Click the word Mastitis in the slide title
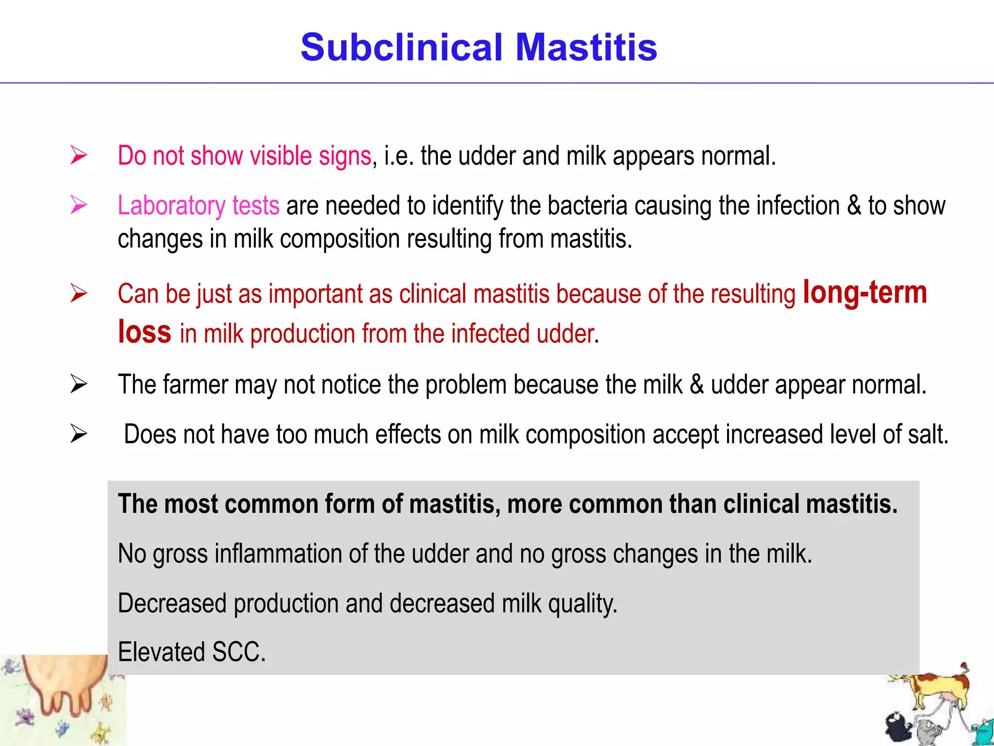coord(586,48)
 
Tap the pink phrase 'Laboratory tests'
coord(199,205)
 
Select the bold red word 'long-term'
coord(865,293)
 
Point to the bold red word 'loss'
coord(145,332)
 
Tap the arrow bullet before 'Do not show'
coord(79,155)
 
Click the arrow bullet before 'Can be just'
coord(79,293)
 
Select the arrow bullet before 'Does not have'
coord(79,434)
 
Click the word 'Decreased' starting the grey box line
coord(172,603)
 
